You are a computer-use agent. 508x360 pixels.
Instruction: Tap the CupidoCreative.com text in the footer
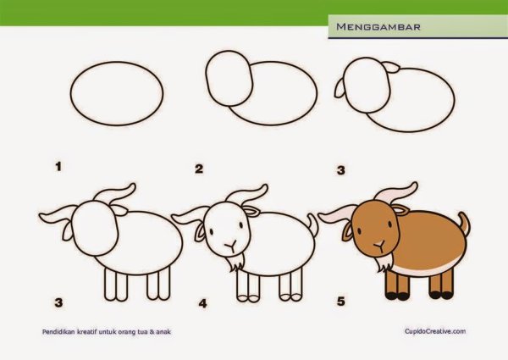435,332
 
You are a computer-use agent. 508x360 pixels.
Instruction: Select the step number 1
58,167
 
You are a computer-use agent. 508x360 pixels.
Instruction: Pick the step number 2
199,169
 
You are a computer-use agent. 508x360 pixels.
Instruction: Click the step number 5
341,301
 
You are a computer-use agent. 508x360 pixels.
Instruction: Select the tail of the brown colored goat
463,226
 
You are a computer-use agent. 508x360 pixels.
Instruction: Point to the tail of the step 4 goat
314,225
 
